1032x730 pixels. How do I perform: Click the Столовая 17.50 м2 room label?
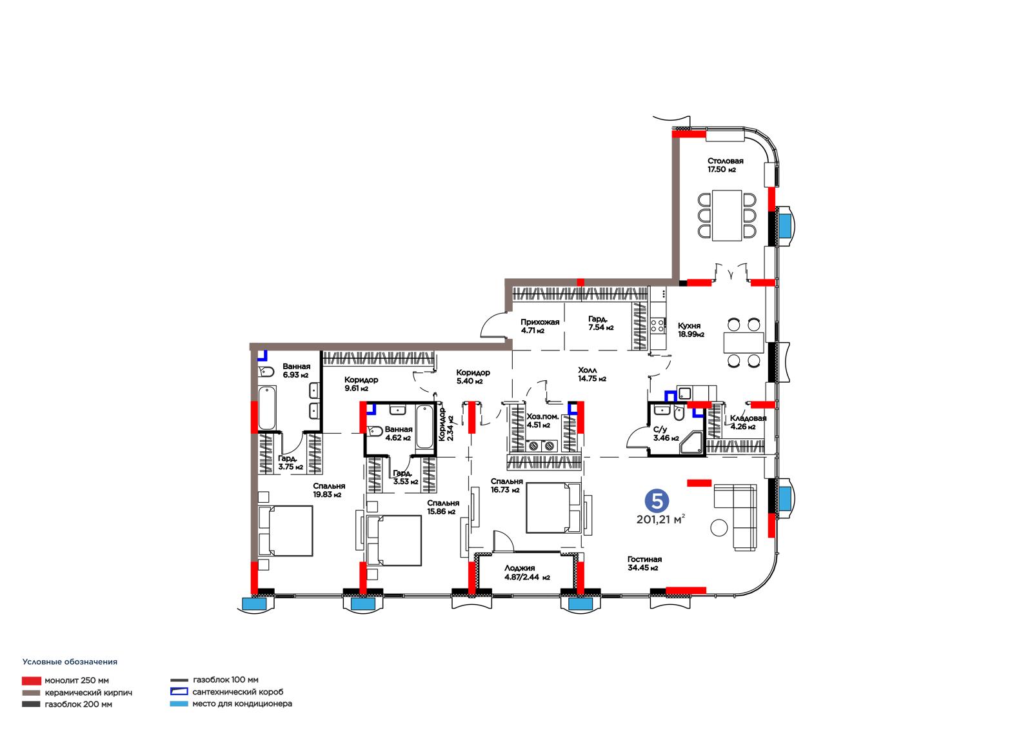click(725, 165)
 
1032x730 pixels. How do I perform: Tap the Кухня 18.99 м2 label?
click(691, 330)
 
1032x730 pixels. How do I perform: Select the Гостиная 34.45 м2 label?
click(644, 563)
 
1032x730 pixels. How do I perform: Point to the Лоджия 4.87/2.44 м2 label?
click(526, 573)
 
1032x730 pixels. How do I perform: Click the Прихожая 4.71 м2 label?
click(540, 326)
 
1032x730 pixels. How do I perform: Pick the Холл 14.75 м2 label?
click(592, 374)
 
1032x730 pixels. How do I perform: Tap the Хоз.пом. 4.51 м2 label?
click(542, 421)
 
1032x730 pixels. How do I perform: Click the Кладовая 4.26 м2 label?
click(748, 422)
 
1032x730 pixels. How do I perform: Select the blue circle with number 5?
click(657, 500)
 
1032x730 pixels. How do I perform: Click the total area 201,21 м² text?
click(660, 520)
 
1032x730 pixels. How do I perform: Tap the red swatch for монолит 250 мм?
click(32, 681)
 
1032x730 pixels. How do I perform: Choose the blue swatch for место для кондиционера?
click(179, 704)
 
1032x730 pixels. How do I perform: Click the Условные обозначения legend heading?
click(70, 662)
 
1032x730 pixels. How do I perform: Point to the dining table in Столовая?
click(727, 216)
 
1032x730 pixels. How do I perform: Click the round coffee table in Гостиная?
click(719, 527)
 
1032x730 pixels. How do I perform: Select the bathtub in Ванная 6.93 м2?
click(267, 409)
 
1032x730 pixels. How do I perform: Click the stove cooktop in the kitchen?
click(657, 325)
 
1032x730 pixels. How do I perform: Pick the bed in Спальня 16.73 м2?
click(553, 508)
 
